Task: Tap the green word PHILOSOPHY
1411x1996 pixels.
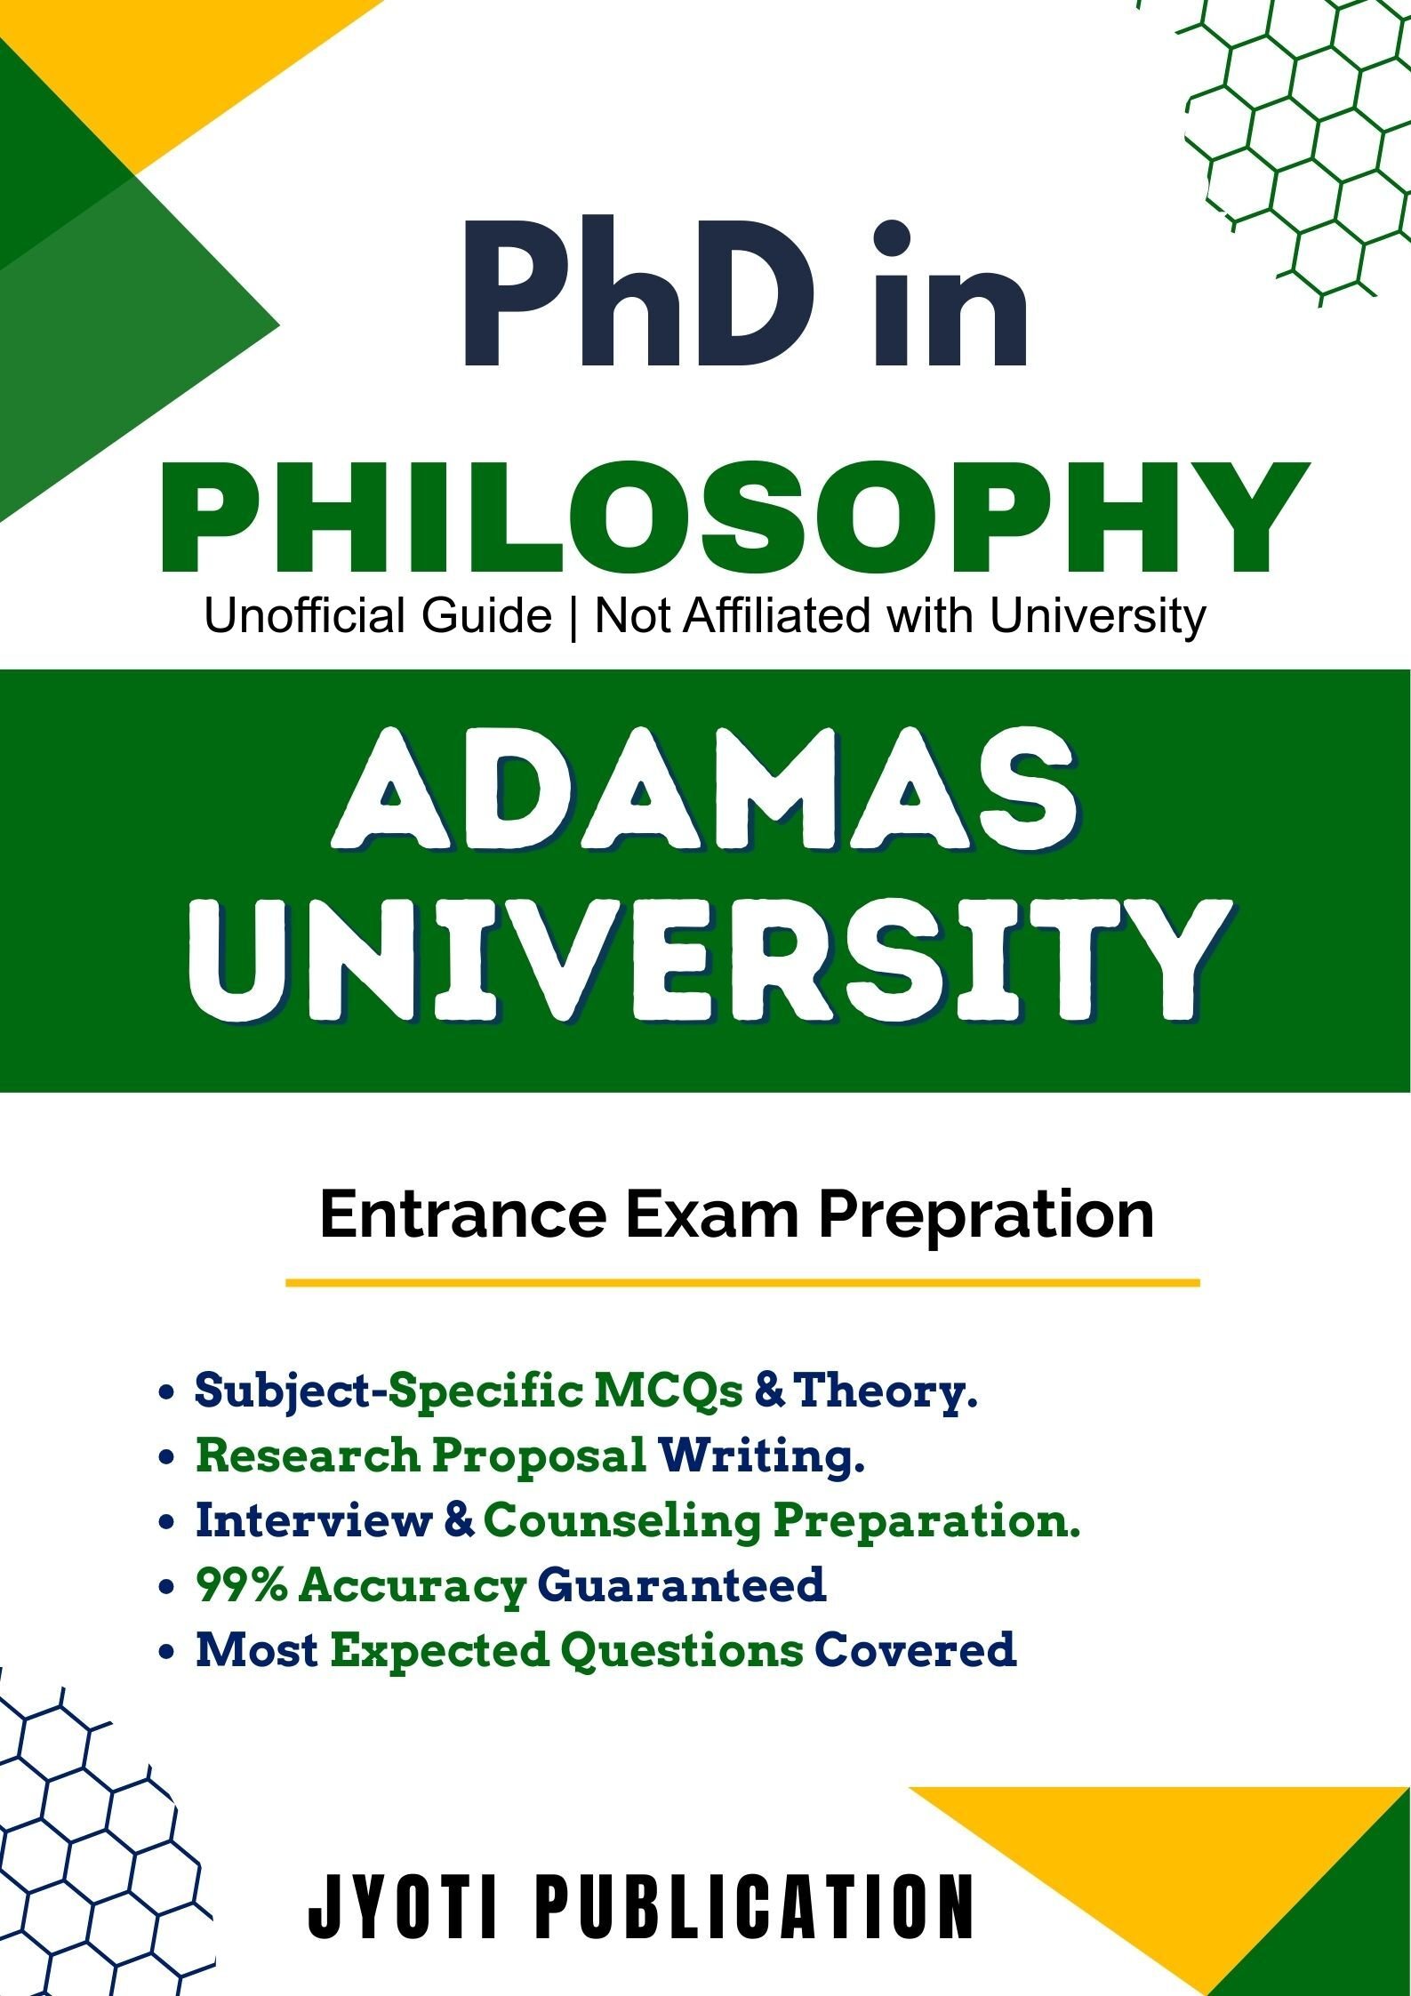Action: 734,517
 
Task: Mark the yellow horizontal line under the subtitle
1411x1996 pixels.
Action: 742,1283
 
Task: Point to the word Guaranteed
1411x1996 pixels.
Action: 682,1584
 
